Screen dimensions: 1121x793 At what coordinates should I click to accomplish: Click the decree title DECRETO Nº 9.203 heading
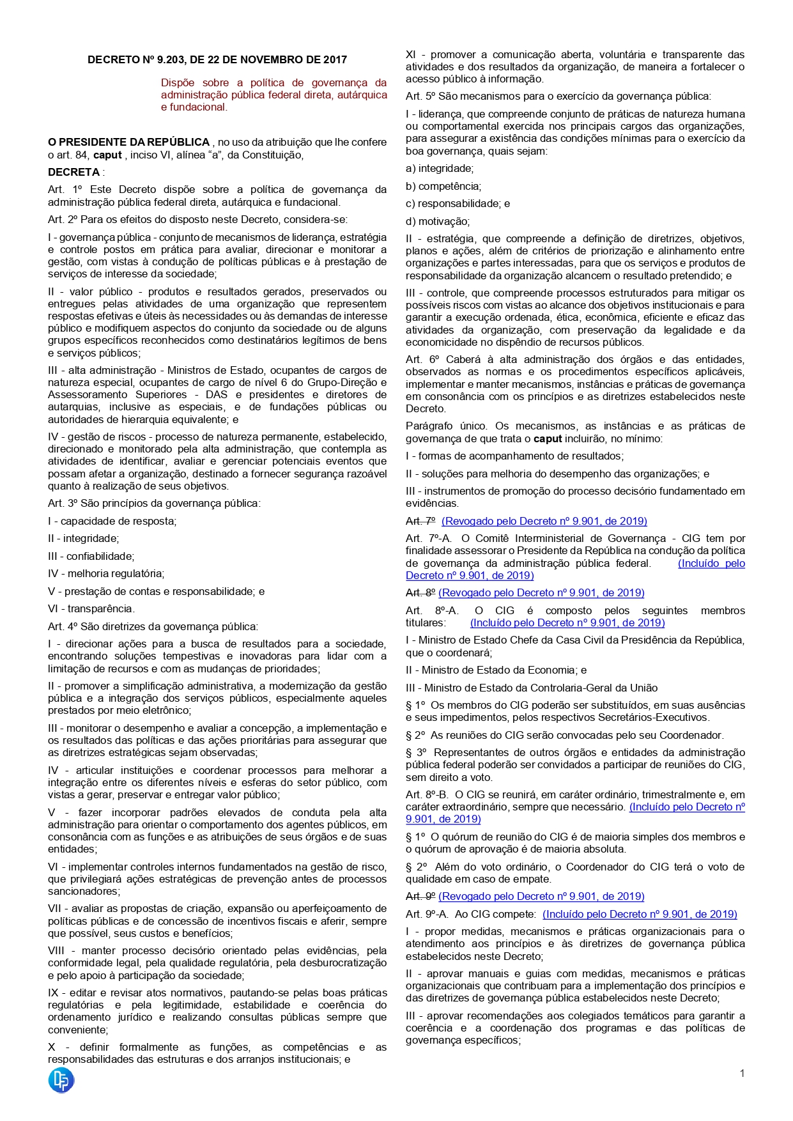coord(217,59)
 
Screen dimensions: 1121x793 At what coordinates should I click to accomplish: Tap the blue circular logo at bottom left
coord(61,1080)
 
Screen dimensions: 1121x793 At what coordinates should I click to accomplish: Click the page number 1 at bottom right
coord(742,1073)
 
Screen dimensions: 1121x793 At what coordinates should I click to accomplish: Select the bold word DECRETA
coord(74,172)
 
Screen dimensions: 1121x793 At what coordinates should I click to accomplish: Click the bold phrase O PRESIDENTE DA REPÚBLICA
coord(129,142)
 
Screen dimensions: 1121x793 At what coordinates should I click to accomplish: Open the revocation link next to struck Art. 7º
coord(544,521)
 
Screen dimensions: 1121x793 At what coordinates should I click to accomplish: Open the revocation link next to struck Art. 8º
coord(541,592)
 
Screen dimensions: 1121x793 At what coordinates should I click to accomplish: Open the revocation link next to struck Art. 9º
coord(541,896)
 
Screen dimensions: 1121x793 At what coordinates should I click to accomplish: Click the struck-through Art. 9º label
coord(420,896)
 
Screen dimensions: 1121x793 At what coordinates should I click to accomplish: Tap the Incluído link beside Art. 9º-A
coord(640,914)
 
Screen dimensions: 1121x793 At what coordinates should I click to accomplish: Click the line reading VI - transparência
coord(91,608)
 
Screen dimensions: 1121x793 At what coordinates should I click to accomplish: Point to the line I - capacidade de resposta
coord(112,521)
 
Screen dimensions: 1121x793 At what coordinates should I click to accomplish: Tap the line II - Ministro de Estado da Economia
coord(496,670)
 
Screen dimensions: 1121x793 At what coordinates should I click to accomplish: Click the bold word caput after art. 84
coord(107,155)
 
